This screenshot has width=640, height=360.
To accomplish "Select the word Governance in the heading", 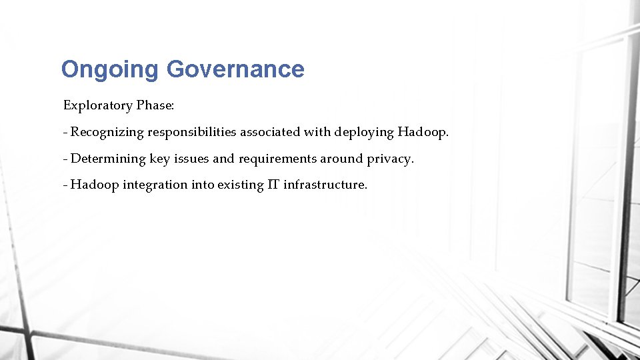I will (235, 69).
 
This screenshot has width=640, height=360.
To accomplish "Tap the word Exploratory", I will (96, 105).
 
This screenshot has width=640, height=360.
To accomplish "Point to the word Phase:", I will (156, 105).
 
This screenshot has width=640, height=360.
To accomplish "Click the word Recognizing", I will (107, 132).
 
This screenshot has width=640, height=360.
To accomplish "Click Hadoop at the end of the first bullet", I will (423, 132).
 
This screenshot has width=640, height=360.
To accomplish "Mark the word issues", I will (192, 159).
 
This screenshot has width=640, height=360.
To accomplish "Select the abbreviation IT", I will (273, 185).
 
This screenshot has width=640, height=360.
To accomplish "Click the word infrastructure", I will (325, 185).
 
